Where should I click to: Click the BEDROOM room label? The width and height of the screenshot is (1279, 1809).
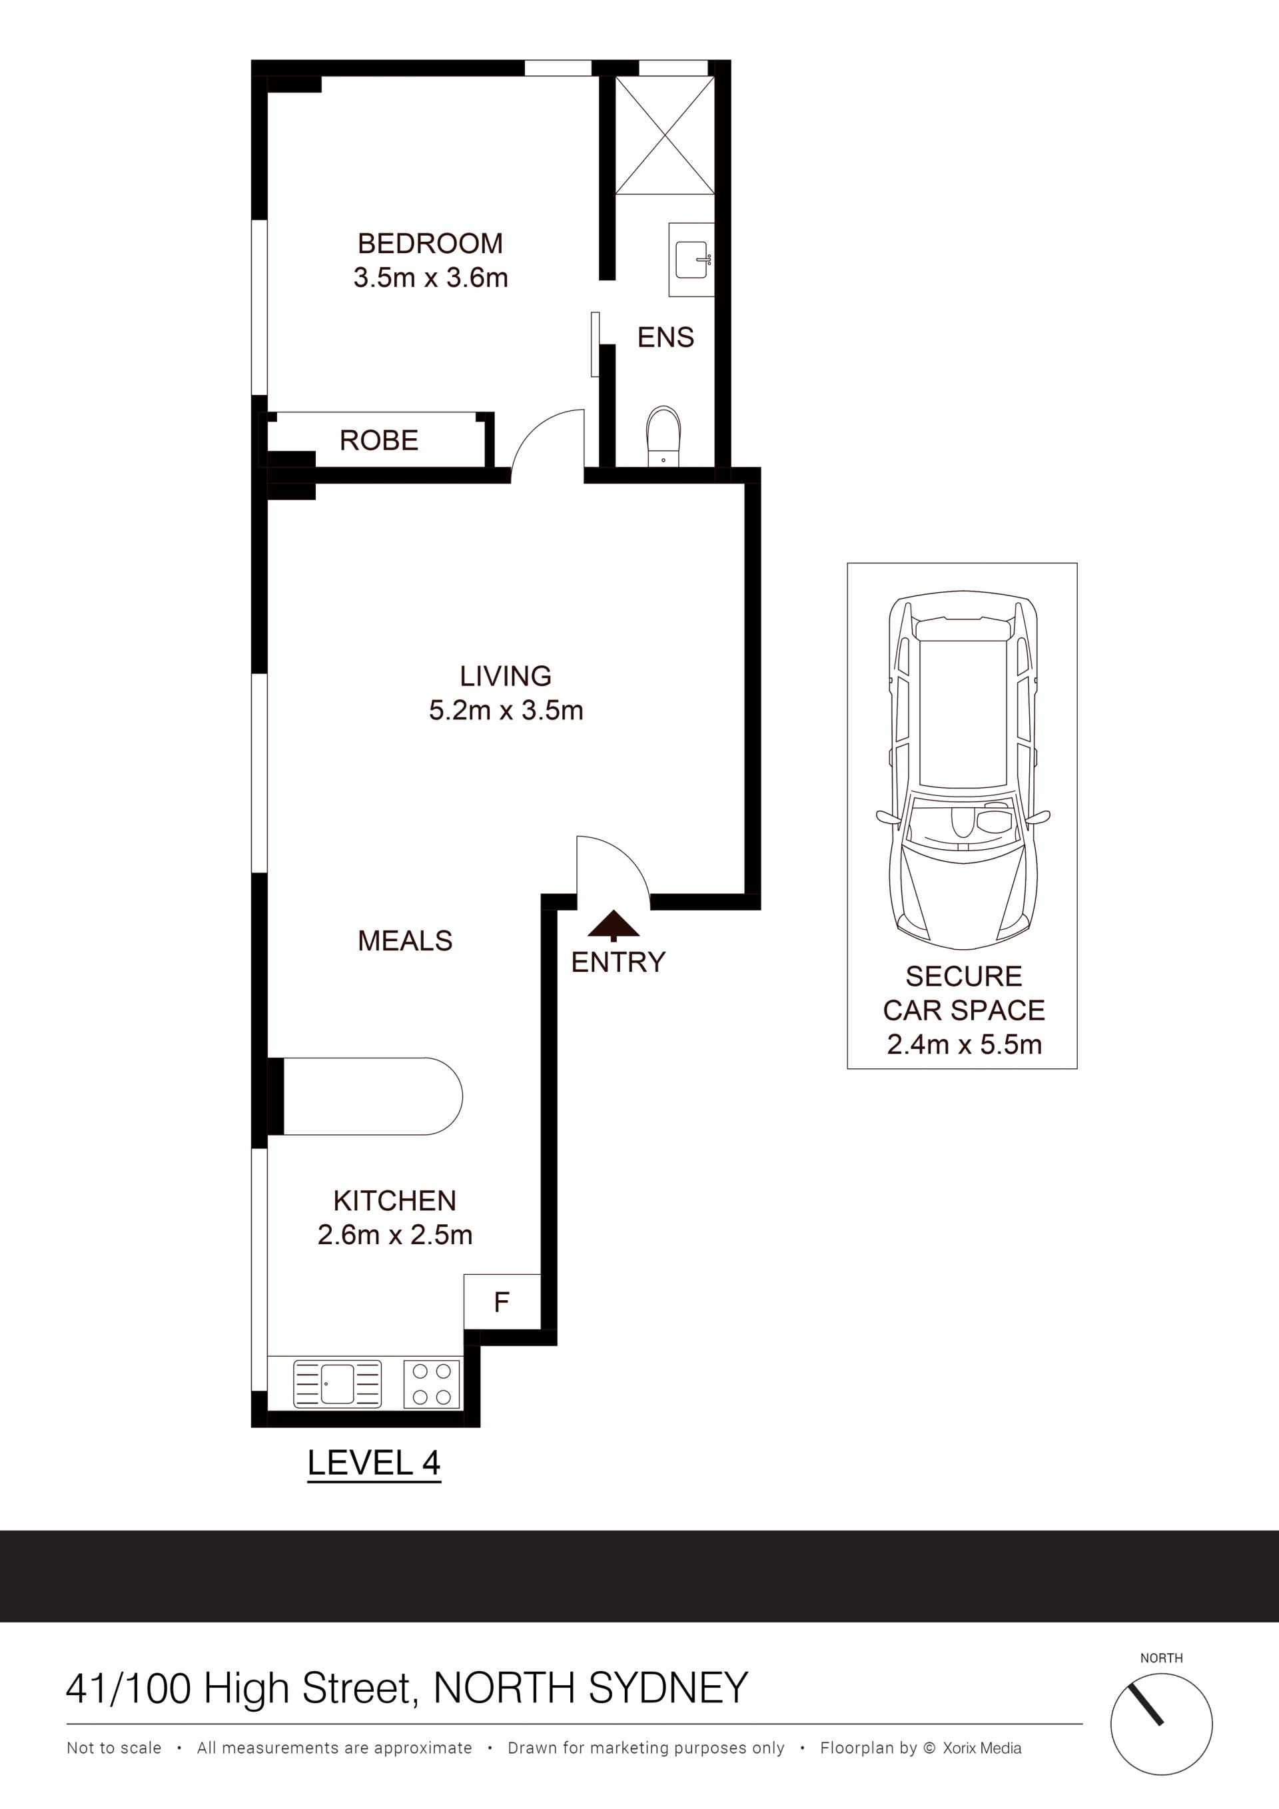pos(430,244)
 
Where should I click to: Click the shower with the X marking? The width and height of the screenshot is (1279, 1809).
pos(665,135)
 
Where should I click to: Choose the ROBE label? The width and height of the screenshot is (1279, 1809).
pos(378,440)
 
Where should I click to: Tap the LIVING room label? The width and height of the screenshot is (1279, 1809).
pos(505,676)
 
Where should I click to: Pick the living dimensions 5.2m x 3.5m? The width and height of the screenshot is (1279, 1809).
pos(505,711)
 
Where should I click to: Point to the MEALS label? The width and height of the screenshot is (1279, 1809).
pos(405,940)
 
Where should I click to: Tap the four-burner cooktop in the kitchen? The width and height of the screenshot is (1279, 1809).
pos(432,1384)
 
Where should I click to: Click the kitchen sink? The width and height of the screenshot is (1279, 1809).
pos(337,1384)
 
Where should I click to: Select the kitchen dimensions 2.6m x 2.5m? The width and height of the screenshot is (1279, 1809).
pos(395,1235)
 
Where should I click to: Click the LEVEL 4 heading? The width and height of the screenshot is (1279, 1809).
pos(374,1463)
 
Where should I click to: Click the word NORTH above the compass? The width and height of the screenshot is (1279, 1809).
pos(1162,1658)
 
